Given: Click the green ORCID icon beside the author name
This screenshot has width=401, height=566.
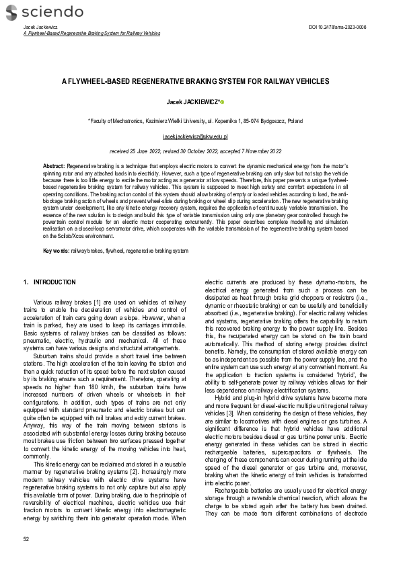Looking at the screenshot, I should tap(222, 102).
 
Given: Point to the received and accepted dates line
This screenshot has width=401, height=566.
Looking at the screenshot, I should tap(195, 151).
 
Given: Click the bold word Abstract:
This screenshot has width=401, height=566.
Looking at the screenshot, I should tap(54, 165).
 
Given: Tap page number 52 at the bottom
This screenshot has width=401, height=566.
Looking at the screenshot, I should tap(26, 539).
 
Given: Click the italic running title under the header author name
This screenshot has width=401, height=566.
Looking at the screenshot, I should tap(92, 33).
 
